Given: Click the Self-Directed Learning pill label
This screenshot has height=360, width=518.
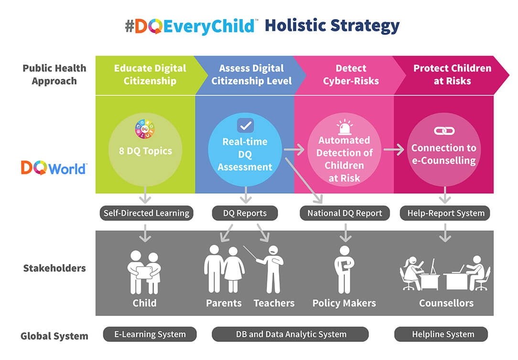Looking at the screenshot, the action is tap(146, 213).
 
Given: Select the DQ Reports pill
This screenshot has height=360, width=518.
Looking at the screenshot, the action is tap(245, 213).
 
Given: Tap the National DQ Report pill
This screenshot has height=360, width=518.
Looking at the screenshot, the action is tap(345, 213).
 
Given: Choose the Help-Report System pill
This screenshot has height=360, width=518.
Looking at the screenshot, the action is tap(445, 213).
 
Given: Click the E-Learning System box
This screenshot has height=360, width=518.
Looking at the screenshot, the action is tap(150, 334).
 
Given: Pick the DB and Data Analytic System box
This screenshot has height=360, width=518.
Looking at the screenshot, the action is tap(291, 334).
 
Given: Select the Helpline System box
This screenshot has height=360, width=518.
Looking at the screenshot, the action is tap(441, 334).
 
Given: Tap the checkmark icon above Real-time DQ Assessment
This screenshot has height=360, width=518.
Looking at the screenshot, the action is tap(246, 126).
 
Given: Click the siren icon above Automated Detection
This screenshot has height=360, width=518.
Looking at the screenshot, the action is tap(345, 127).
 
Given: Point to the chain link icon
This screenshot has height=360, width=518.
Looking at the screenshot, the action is tap(444, 131).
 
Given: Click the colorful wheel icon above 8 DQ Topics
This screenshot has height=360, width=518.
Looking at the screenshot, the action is tap(145, 129).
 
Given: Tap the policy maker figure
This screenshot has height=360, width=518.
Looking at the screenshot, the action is tap(344, 270).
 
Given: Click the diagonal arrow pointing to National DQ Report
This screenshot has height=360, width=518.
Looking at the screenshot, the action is tap(303, 181).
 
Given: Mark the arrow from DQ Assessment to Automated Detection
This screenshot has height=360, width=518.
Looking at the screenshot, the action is tap(294, 150).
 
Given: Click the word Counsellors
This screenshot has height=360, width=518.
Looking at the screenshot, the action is tap(446, 303).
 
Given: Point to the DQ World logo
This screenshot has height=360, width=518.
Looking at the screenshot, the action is tap(54, 168).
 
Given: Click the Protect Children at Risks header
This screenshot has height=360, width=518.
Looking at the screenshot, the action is tap(452, 75).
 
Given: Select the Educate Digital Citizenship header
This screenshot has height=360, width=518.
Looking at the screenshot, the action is tap(150, 75).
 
